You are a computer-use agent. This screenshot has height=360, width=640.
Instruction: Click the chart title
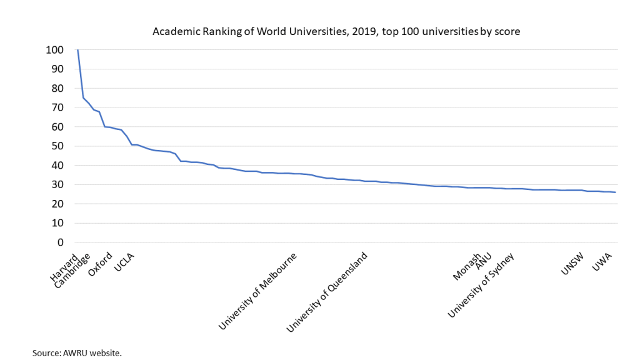coord(336,31)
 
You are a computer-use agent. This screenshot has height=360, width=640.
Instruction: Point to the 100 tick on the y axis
coord(55,50)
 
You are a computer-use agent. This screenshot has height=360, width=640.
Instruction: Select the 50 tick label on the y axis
coord(57,146)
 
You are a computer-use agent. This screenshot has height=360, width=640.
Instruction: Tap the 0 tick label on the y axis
coord(60,242)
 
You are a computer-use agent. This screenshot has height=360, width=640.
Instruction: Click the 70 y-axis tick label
coord(57,107)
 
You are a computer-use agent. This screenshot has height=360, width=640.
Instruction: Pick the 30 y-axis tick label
coord(57,185)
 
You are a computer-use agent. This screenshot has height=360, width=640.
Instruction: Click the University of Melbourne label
coord(257,292)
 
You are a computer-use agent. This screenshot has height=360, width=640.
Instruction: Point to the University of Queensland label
coord(326,292)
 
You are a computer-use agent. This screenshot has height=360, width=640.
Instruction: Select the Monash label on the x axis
coord(467,267)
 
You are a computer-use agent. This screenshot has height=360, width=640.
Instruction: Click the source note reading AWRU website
coord(77,353)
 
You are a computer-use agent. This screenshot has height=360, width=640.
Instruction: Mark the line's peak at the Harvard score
coord(77,50)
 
